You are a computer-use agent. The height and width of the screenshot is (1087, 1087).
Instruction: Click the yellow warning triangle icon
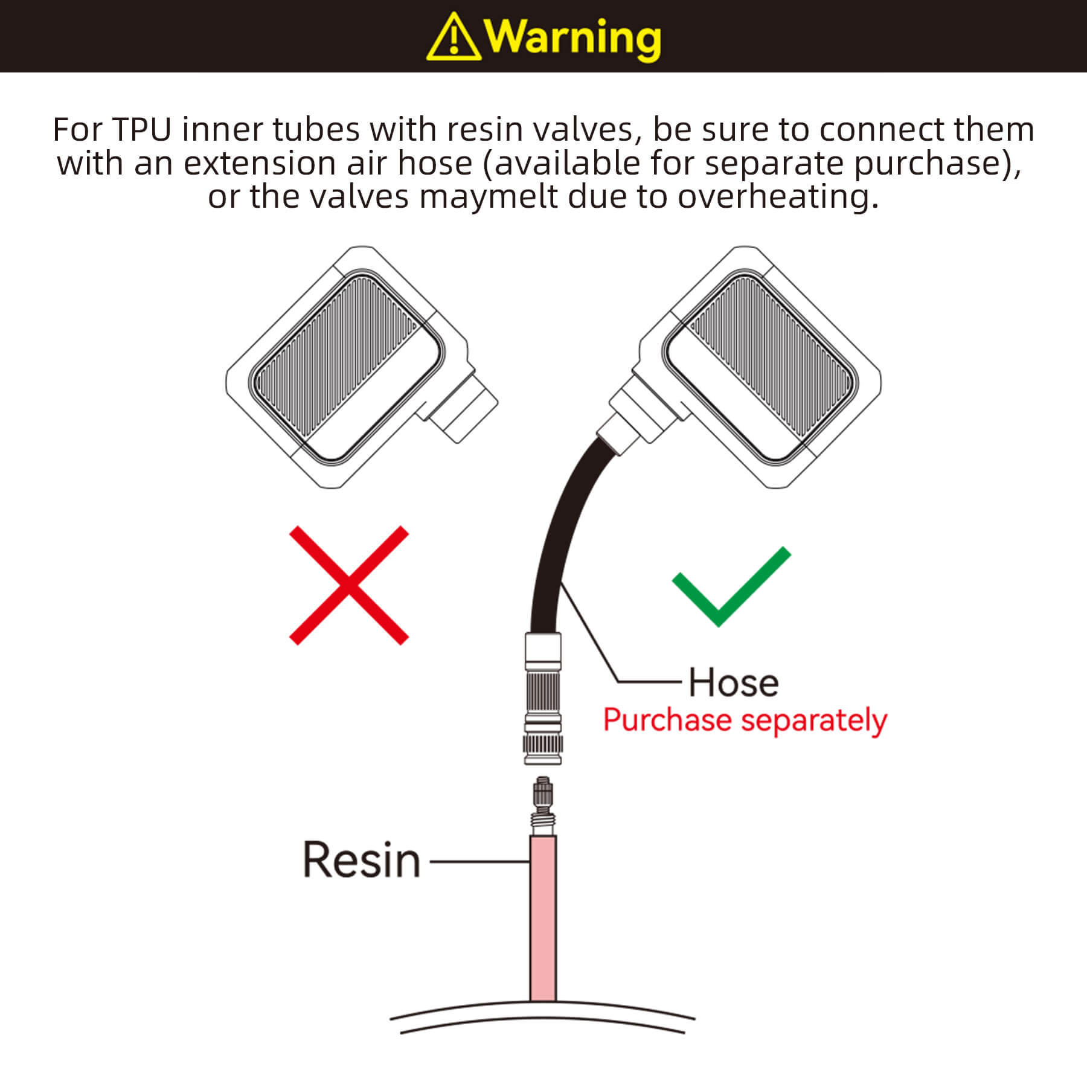click(454, 37)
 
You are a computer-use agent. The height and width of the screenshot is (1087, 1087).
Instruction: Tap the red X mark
click(349, 585)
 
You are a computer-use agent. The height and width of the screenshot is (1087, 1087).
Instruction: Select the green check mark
click(731, 586)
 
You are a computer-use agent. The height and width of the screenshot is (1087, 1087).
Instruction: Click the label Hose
click(734, 683)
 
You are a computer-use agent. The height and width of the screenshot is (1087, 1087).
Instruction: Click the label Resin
click(361, 860)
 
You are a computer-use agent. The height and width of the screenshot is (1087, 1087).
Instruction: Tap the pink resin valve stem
click(543, 919)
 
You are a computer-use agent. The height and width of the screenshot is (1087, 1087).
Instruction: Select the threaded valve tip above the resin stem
click(543, 807)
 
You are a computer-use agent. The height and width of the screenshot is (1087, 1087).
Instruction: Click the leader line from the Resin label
click(479, 861)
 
